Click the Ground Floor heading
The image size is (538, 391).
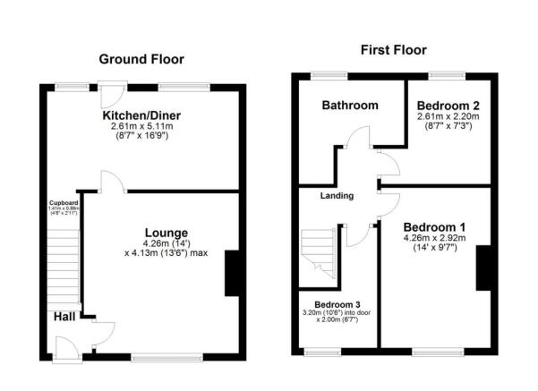141,60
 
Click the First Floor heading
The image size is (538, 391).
393,50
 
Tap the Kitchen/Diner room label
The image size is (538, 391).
141,116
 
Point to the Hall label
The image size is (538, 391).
64,315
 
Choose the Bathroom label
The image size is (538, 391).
350,106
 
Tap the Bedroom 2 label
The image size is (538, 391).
449,106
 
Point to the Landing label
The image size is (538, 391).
337,196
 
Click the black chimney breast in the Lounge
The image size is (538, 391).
232,273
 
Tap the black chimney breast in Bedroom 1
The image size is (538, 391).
483,267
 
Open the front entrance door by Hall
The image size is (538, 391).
65,346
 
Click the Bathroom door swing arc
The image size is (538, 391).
358,139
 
